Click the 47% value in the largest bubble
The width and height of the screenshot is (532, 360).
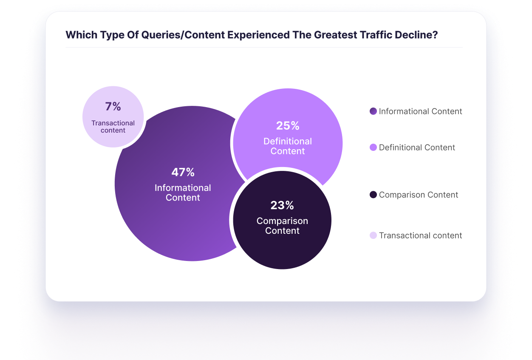click(183, 172)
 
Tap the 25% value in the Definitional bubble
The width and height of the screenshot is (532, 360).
click(288, 126)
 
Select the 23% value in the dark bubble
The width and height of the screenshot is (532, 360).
click(282, 205)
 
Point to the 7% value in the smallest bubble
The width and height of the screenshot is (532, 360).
click(113, 107)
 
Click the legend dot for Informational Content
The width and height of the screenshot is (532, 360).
click(373, 111)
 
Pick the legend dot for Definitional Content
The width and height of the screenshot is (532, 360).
click(373, 147)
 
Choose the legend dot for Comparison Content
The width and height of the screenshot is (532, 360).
click(373, 195)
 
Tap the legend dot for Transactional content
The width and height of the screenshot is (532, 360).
click(373, 235)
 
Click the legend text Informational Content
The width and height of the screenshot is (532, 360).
click(420, 111)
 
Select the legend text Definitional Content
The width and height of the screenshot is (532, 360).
click(417, 147)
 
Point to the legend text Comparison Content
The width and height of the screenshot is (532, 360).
click(419, 195)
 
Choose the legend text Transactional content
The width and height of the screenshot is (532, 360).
click(420, 235)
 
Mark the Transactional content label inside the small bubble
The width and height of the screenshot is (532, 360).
click(113, 127)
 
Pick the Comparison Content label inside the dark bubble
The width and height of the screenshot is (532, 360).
click(282, 226)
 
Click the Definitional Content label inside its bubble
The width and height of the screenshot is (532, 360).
click(288, 146)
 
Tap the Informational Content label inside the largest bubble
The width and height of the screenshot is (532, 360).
click(183, 193)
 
